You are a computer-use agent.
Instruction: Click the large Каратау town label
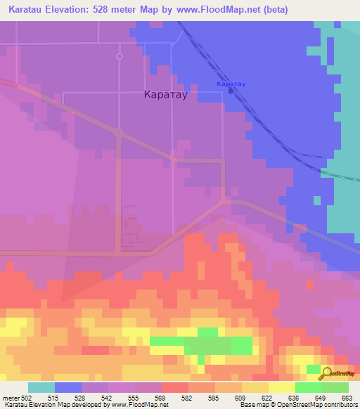pyautogui.click(x=166, y=95)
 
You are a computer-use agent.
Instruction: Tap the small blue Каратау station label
pyautogui.click(x=231, y=84)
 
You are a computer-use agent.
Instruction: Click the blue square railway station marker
pyautogui.click(x=231, y=90)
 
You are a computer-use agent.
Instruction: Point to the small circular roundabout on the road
pyautogui.click(x=120, y=56)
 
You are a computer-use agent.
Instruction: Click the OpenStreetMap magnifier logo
pyautogui.click(x=326, y=373)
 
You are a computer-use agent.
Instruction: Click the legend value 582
pyautogui.click(x=187, y=399)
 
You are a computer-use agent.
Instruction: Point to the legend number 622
pyautogui.click(x=267, y=399)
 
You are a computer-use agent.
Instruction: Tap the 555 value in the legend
pyautogui.click(x=134, y=399)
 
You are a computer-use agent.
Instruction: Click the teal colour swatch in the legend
pyautogui.click(x=41, y=387)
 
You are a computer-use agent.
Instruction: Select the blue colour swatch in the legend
pyautogui.click(x=67, y=387)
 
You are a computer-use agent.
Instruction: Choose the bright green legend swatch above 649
pyautogui.click(x=308, y=387)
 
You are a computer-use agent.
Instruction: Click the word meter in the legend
pyautogui.click(x=10, y=399)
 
